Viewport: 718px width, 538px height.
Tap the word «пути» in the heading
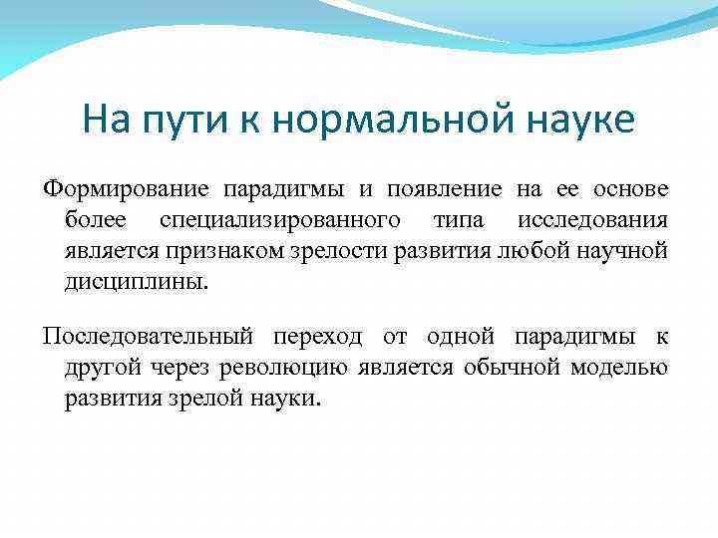point(185,122)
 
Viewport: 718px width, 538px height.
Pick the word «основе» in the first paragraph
point(630,189)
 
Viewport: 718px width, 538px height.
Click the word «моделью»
point(619,367)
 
